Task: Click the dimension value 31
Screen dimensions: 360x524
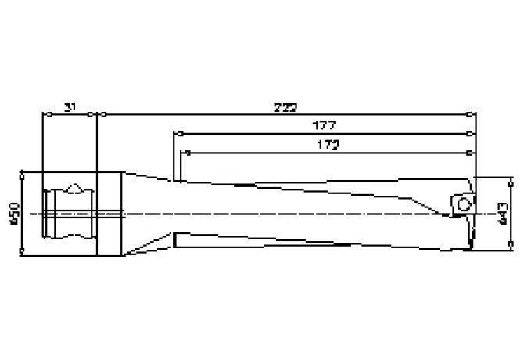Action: point(69,106)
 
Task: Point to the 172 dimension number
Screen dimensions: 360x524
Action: point(324,145)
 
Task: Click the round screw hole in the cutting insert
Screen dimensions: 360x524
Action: point(463,203)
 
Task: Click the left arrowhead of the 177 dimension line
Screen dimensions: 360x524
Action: point(178,133)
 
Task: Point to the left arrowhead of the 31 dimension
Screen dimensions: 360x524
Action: point(45,114)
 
